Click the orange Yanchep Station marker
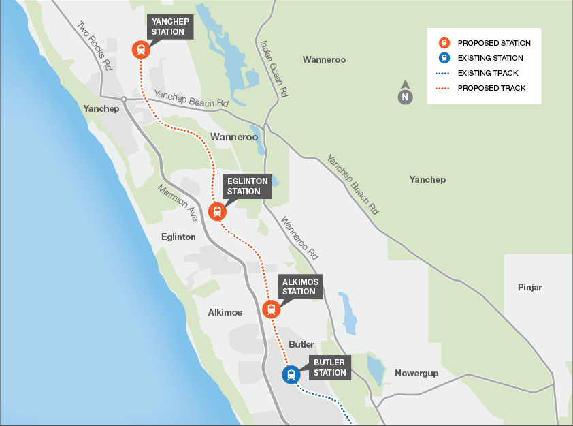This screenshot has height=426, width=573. tap(141, 49)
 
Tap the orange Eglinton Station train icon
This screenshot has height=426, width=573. tap(217, 211)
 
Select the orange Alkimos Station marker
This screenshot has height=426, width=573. tap(271, 309)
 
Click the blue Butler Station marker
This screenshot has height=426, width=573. tap(291, 374)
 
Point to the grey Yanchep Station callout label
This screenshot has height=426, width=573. tap(168, 27)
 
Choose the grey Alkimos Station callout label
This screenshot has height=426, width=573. tap(299, 286)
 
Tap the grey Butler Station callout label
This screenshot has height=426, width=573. tap(329, 367)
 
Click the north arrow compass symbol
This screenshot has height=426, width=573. tap(405, 95)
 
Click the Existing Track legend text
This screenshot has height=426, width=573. tap(488, 73)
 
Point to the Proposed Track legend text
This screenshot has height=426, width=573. tap(491, 88)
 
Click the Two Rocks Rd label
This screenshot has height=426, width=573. tap(94, 46)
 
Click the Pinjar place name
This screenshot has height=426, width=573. tap(529, 287)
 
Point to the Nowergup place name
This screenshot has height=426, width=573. tap(416, 373)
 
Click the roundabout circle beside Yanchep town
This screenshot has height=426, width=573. tap(124, 100)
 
